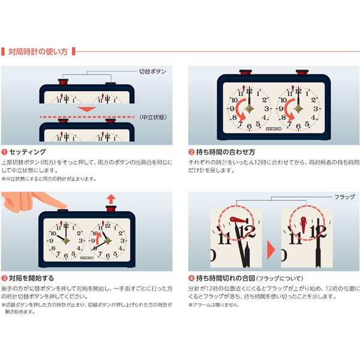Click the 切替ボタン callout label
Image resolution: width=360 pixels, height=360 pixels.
(x=152, y=71)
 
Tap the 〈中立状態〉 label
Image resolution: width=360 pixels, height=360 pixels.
(x=153, y=117)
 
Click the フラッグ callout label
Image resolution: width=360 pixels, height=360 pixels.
(x=344, y=197)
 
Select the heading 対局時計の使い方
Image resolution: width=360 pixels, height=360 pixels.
(x=38, y=52)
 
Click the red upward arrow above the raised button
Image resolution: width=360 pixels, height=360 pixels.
(x=111, y=199)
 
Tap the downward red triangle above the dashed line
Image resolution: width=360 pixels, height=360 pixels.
(x=87, y=109)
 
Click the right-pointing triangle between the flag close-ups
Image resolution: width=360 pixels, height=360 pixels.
(x=271, y=250)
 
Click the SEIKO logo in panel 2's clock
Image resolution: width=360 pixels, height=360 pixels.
(x=274, y=129)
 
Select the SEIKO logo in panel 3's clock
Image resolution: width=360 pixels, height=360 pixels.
(x=87, y=258)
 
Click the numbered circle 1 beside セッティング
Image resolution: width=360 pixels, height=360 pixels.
(x=4, y=152)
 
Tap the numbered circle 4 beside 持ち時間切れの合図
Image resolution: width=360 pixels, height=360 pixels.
(x=191, y=278)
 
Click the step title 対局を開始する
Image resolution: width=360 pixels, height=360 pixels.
(x=31, y=278)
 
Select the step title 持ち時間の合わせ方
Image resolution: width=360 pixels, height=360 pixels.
(x=226, y=152)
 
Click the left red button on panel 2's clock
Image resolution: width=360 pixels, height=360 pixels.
(x=245, y=72)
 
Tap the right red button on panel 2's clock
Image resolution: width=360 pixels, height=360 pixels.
(x=302, y=72)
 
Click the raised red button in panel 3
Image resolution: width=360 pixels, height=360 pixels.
(x=111, y=208)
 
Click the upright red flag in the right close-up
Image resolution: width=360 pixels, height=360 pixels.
(x=303, y=225)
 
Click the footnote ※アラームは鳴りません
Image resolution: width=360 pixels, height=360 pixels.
(x=213, y=305)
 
